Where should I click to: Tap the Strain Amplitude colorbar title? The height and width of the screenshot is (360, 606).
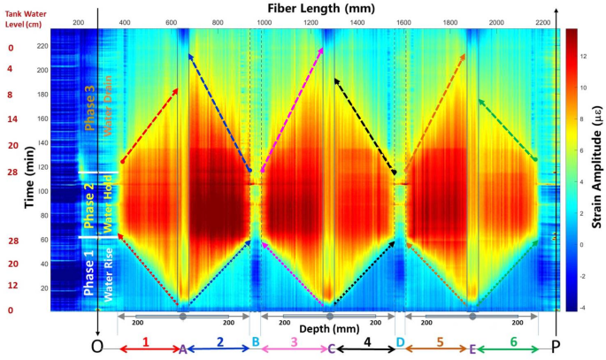(x=595, y=169)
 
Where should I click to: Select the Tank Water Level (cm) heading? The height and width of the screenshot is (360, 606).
(x=27, y=19)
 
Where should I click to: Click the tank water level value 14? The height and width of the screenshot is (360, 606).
(x=11, y=118)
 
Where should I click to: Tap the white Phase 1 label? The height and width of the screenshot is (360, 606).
(x=88, y=273)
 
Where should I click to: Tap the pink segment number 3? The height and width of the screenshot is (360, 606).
(x=293, y=340)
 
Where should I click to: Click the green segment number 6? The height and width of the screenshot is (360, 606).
(x=512, y=340)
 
